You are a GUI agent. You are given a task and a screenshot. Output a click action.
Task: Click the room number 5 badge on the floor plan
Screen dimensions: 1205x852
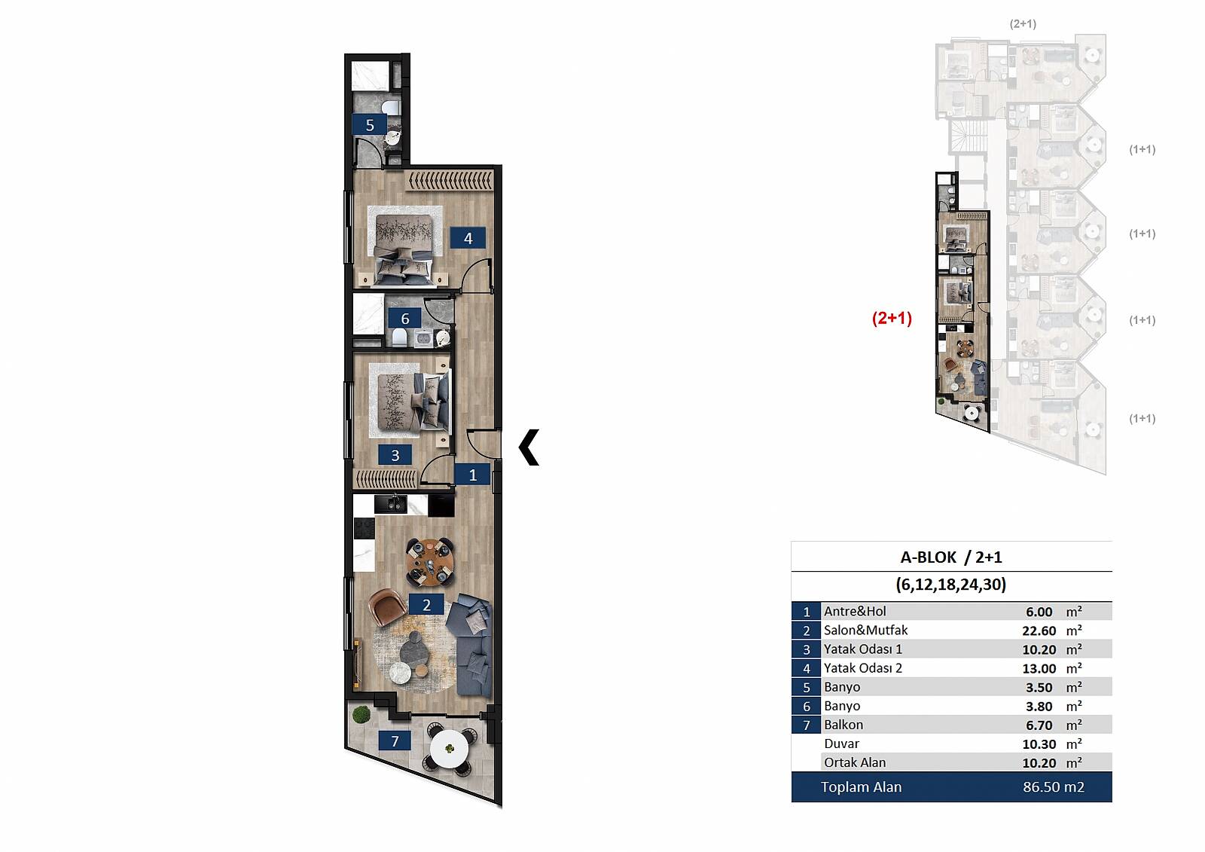pos(370,125)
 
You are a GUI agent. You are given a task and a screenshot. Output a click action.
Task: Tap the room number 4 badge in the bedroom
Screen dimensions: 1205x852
pos(468,238)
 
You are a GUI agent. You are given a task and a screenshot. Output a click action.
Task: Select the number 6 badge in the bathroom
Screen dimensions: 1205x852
pos(405,319)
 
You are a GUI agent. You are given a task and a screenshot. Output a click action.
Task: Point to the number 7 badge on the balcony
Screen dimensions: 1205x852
pos(395,741)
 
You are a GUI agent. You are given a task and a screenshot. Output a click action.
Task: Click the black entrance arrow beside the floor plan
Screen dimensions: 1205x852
pos(529,447)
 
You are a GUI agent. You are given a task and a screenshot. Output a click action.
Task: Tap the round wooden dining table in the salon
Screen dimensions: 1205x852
pos(430,563)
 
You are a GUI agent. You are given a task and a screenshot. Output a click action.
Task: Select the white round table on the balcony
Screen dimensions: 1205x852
pos(450,748)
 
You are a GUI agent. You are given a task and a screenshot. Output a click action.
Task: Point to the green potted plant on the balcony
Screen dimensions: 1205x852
pos(361,715)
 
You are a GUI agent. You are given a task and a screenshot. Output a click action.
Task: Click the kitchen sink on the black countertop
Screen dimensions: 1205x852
pos(391,504)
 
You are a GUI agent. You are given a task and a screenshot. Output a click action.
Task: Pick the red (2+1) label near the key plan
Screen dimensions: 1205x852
pos(892,318)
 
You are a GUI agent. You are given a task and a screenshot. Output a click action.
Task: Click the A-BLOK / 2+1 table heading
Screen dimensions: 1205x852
pos(951,557)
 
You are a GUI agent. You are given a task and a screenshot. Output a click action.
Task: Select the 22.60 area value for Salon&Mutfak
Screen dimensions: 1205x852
pos(1039,631)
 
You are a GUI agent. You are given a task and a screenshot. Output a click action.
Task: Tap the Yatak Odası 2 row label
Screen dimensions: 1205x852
pos(863,668)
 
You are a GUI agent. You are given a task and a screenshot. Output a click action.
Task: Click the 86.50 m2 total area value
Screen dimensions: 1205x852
pos(1054,787)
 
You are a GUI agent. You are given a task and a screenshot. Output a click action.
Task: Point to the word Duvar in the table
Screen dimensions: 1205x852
pos(841,744)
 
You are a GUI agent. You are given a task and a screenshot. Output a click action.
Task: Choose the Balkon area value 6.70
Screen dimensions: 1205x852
pos(1039,725)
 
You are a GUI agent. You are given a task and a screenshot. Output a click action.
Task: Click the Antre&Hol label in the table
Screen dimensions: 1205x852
pos(855,612)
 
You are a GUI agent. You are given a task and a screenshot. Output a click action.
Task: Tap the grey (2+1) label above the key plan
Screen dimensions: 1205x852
pos(1023,23)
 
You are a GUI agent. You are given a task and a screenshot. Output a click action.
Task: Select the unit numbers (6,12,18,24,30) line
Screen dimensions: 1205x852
pos(951,585)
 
